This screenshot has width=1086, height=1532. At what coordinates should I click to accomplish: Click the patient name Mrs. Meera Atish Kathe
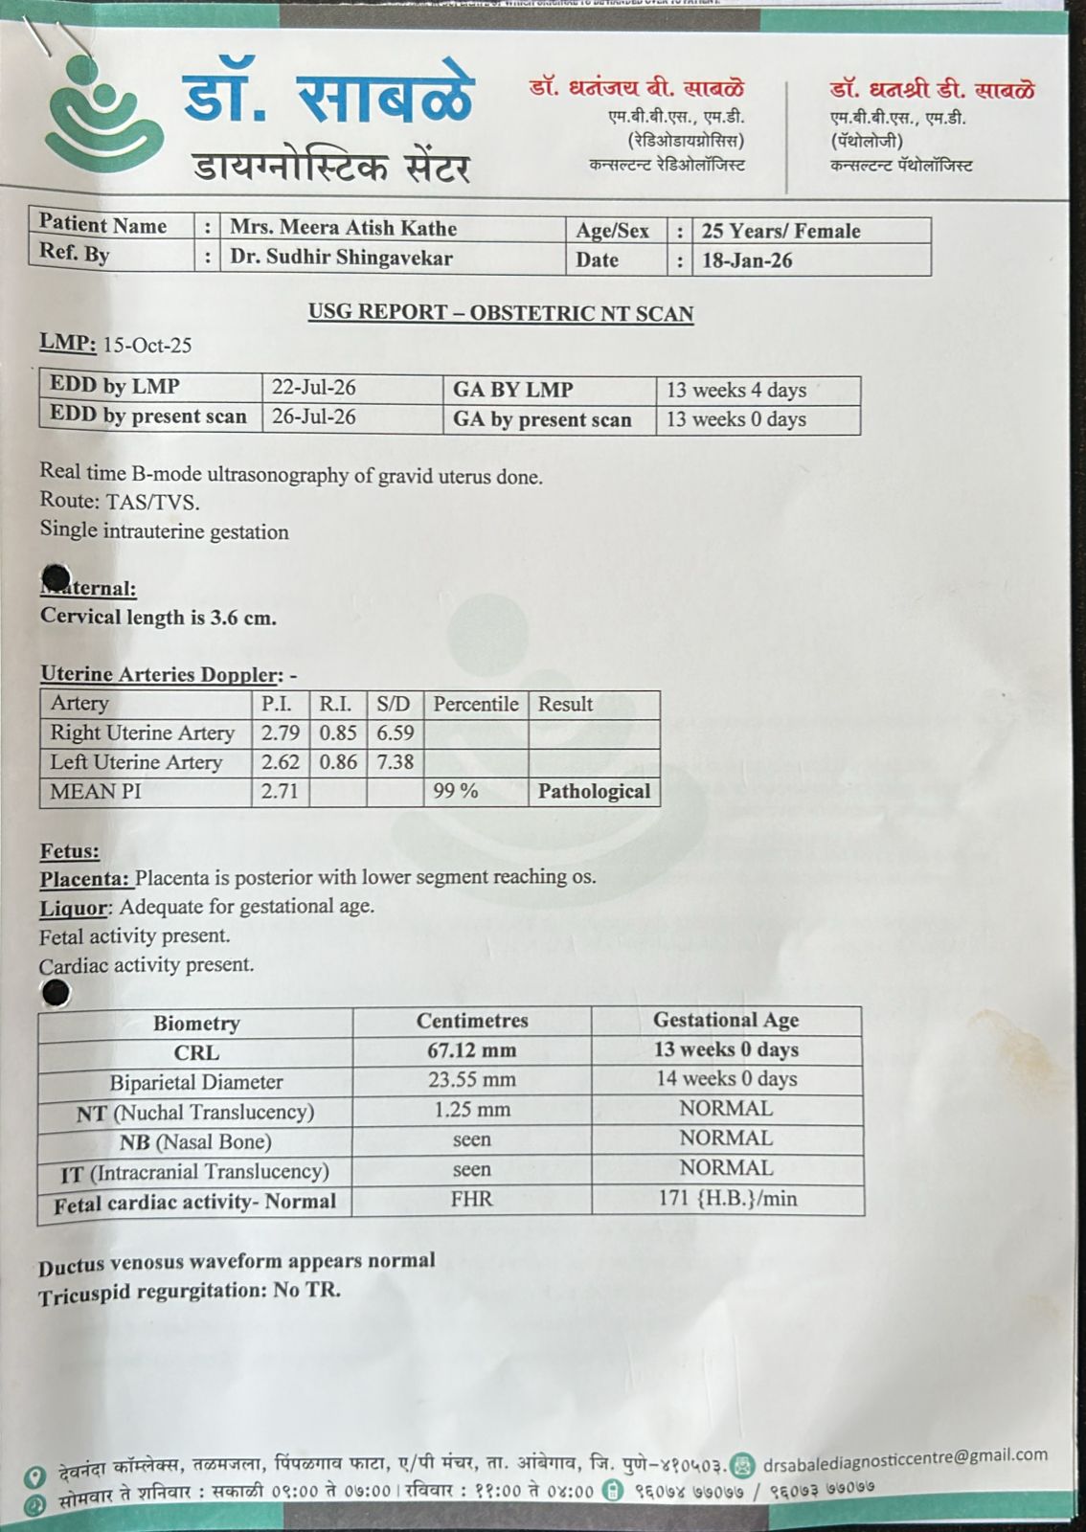point(343,229)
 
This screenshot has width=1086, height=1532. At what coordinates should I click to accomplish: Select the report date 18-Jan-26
point(747,260)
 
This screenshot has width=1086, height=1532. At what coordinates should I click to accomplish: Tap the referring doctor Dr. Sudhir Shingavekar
point(341,258)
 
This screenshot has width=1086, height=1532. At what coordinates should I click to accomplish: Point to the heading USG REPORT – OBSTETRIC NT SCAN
point(500,313)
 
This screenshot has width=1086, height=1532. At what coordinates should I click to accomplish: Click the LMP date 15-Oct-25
point(147,346)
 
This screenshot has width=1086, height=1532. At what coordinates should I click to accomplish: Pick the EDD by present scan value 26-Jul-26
point(313,417)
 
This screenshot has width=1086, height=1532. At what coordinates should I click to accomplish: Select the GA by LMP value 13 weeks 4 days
point(735,390)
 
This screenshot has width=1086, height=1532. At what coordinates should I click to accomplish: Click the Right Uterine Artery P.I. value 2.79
point(280,733)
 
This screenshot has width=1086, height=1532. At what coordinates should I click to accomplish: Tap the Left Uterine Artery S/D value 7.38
point(395,762)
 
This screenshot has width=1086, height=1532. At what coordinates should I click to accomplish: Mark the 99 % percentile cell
point(455,791)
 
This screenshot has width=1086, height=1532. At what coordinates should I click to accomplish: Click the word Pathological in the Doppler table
point(594,791)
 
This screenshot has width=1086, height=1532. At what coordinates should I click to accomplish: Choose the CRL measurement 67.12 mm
point(471,1050)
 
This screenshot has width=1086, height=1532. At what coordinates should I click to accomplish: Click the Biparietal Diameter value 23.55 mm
point(471,1080)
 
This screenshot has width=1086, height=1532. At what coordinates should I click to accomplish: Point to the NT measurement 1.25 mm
point(471,1110)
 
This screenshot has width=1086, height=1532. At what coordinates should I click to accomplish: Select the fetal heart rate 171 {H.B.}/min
point(727,1198)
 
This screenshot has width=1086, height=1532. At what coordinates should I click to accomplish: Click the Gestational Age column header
point(725,1021)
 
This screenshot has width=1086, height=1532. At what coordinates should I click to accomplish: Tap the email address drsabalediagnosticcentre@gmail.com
point(904,1460)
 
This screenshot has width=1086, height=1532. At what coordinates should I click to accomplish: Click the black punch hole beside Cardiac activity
point(57,994)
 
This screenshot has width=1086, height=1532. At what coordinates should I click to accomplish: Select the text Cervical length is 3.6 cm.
point(158,618)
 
